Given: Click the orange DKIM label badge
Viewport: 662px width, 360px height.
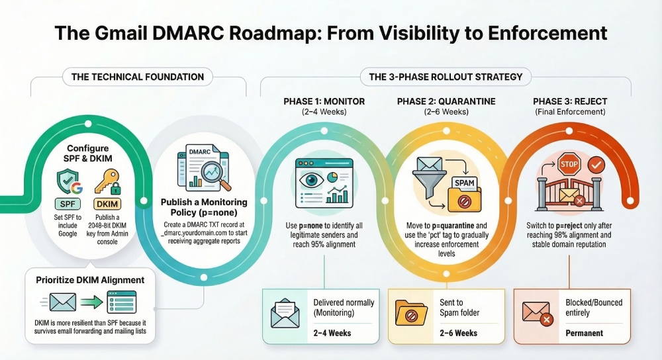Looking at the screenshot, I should (x=107, y=204).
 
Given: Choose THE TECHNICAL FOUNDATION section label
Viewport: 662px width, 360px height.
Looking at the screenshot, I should (x=138, y=77).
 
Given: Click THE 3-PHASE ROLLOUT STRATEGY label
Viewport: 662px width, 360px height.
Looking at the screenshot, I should (x=445, y=77).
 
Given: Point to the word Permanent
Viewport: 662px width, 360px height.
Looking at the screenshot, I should (x=584, y=333).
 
